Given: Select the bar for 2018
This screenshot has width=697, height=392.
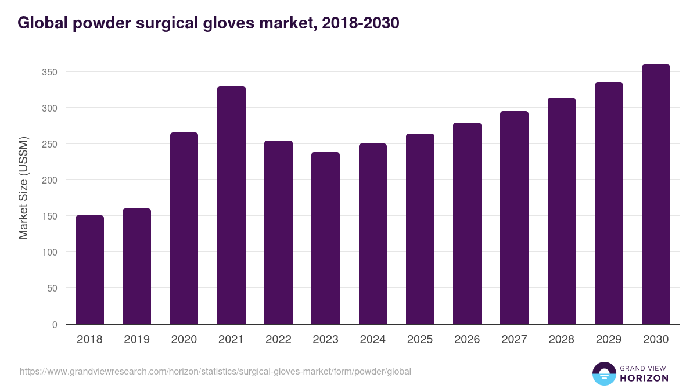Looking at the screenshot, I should pyautogui.click(x=89, y=270).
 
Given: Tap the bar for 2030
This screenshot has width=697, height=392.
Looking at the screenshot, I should pyautogui.click(x=656, y=195).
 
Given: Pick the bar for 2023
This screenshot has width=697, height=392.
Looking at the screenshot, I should pyautogui.click(x=325, y=238).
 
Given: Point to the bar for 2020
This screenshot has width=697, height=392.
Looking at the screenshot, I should pyautogui.click(x=184, y=228).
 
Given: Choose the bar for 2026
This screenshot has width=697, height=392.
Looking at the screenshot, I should pyautogui.click(x=467, y=224).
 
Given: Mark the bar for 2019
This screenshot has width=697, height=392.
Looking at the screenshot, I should pyautogui.click(x=136, y=267).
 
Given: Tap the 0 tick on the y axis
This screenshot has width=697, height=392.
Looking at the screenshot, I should pyautogui.click(x=55, y=325).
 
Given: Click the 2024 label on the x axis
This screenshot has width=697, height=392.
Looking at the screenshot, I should pyautogui.click(x=372, y=340).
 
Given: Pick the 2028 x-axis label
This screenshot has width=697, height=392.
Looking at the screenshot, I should pyautogui.click(x=561, y=340).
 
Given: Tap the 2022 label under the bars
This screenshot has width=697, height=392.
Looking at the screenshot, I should pyautogui.click(x=278, y=340).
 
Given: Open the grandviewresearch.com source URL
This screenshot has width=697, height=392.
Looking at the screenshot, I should pyautogui.click(x=215, y=371).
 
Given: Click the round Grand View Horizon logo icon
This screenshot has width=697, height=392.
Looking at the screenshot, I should pyautogui.click(x=604, y=373).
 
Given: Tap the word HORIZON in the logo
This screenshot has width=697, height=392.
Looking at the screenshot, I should pyautogui.click(x=644, y=378).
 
